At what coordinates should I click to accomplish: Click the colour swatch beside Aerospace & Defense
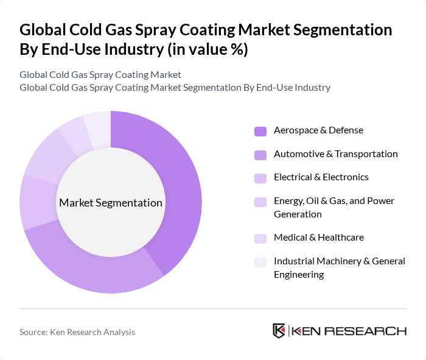(x=260, y=131)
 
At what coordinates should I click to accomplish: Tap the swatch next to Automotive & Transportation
(x=260, y=155)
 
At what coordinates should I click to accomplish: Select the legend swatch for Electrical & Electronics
(x=260, y=178)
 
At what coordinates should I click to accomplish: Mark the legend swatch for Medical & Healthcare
(x=260, y=238)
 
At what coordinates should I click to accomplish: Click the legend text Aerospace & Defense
(x=318, y=130)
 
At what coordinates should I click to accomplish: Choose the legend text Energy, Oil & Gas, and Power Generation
(x=333, y=208)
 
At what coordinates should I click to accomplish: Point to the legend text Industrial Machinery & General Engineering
(x=339, y=268)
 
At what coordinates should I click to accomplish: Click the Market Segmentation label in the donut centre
(x=111, y=203)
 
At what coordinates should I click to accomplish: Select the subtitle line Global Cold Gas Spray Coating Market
(x=100, y=75)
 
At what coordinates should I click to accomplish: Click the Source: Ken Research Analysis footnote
(x=77, y=332)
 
